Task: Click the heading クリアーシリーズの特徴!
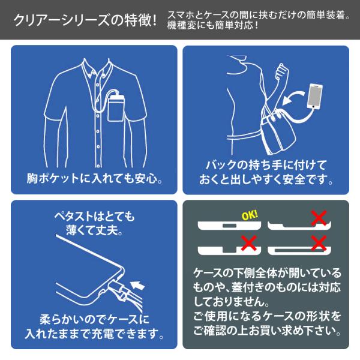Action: [85, 20]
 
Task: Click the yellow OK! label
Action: [250, 215]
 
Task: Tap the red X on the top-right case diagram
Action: [319, 217]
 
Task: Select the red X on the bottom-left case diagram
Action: [248, 242]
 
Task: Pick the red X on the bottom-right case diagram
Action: [319, 242]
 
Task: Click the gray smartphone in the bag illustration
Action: [315, 96]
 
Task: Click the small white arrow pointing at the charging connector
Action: [137, 284]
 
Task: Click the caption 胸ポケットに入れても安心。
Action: [95, 178]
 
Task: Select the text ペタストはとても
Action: [94, 216]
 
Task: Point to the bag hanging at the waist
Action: [278, 133]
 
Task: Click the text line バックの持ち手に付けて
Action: [266, 165]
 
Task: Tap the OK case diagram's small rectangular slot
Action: [229, 226]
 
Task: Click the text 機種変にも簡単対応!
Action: [212, 25]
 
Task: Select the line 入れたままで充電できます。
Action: [94, 334]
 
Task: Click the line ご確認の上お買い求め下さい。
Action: [267, 331]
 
